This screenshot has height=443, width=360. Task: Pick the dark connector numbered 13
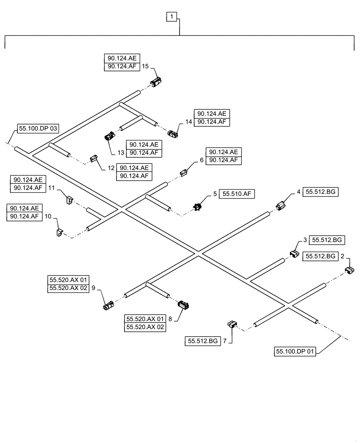109,136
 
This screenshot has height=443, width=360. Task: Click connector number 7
233,325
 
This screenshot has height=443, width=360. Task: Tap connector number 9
108,305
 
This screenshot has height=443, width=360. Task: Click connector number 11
70,200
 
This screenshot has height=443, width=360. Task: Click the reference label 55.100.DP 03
38,129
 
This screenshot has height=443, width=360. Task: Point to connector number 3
294,254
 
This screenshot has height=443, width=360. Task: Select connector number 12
94,158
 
